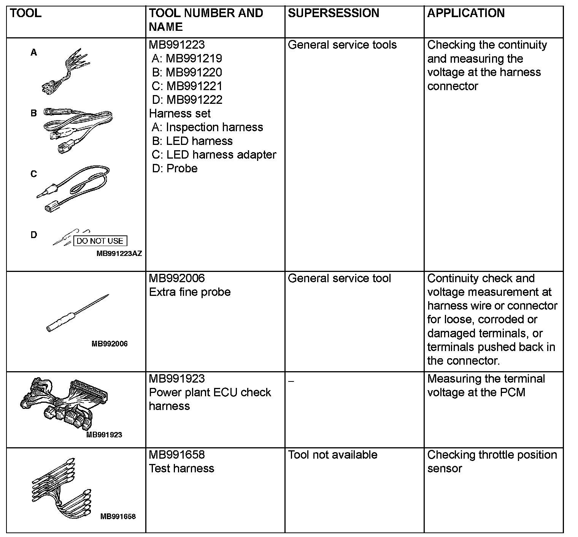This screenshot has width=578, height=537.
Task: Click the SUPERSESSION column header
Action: point(333,13)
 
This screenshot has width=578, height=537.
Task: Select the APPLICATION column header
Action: point(466,13)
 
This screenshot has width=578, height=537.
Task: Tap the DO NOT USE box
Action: point(100,241)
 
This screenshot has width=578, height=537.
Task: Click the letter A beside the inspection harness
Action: point(34,52)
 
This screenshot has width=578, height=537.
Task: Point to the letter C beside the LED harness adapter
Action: point(34,174)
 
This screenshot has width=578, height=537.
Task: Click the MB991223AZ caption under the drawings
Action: point(119,254)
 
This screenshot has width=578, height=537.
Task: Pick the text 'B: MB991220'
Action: point(187,72)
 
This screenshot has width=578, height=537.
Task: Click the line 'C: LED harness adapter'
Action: point(214,155)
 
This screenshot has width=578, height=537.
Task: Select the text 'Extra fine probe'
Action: point(190,292)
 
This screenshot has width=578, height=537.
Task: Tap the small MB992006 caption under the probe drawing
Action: point(110,344)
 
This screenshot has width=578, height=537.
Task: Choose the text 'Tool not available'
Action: point(333,455)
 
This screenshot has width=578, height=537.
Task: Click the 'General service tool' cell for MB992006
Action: point(339,278)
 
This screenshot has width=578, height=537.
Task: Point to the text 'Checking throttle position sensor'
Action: point(492,461)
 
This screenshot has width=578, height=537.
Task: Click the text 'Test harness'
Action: point(181,469)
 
